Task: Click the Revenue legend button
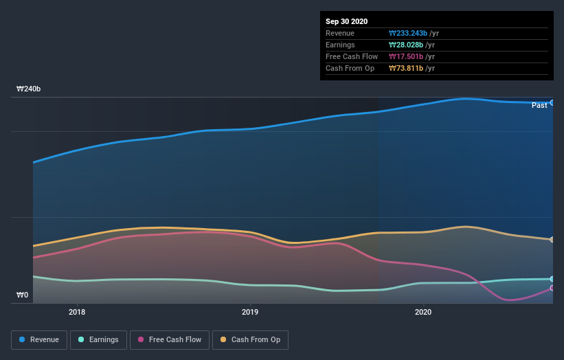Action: pos(40,339)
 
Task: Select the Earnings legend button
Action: pos(98,339)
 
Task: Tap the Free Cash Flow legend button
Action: pos(169,339)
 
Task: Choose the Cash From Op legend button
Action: pos(251,339)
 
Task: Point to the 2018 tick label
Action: pos(77,312)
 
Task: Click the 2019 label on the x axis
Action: pos(250,312)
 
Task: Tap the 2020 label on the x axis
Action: pos(423,312)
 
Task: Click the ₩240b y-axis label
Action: pos(28,89)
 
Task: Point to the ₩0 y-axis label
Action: pos(23,295)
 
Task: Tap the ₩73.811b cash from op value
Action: pos(405,68)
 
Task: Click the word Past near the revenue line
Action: pos(539,105)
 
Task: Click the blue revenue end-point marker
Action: pos(552,102)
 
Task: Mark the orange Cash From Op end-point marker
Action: pos(552,240)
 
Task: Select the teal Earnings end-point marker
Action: pos(552,279)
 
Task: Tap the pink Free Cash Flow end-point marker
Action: pos(552,288)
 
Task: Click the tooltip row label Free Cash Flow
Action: pos(351,56)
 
